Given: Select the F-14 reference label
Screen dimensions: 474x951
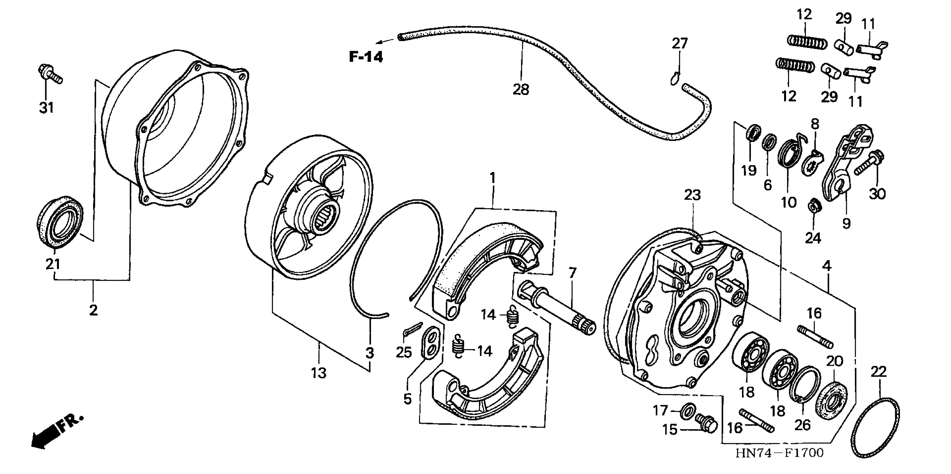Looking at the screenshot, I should coord(366,57).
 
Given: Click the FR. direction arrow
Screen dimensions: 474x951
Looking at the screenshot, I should coord(55,432).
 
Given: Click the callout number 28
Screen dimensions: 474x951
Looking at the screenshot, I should coord(521,89).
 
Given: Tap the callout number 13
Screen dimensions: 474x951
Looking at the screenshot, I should coord(318,373).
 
